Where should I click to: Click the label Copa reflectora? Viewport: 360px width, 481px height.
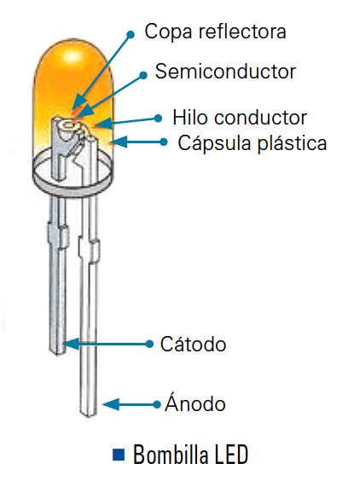pyautogui.click(x=215, y=32)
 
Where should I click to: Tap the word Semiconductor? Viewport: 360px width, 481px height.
pyautogui.click(x=225, y=72)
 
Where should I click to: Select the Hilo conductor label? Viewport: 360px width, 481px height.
pyautogui.click(x=240, y=118)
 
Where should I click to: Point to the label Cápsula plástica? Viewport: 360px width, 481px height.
pyautogui.click(x=253, y=143)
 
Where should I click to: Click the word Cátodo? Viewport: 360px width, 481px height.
pyautogui.click(x=193, y=345)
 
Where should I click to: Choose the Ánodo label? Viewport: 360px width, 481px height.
pyautogui.click(x=195, y=403)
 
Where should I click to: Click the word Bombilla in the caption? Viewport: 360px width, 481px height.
pyautogui.click(x=171, y=455)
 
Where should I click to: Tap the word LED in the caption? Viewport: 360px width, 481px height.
pyautogui.click(x=231, y=455)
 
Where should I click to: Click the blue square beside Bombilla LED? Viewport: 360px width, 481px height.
pyautogui.click(x=119, y=455)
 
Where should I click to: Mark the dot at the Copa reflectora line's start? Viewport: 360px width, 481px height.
pyautogui.click(x=131, y=34)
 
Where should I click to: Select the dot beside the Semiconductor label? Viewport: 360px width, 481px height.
pyautogui.click(x=143, y=75)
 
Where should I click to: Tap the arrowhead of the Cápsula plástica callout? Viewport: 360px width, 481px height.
pyautogui.click(x=119, y=142)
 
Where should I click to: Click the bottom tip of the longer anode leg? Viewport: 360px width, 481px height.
pyautogui.click(x=89, y=416)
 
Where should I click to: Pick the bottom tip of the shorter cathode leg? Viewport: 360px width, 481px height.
pyautogui.click(x=57, y=354)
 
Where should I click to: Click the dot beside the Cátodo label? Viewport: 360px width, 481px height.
pyautogui.click(x=149, y=344)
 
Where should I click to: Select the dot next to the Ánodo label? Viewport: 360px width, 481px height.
pyautogui.click(x=157, y=404)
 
